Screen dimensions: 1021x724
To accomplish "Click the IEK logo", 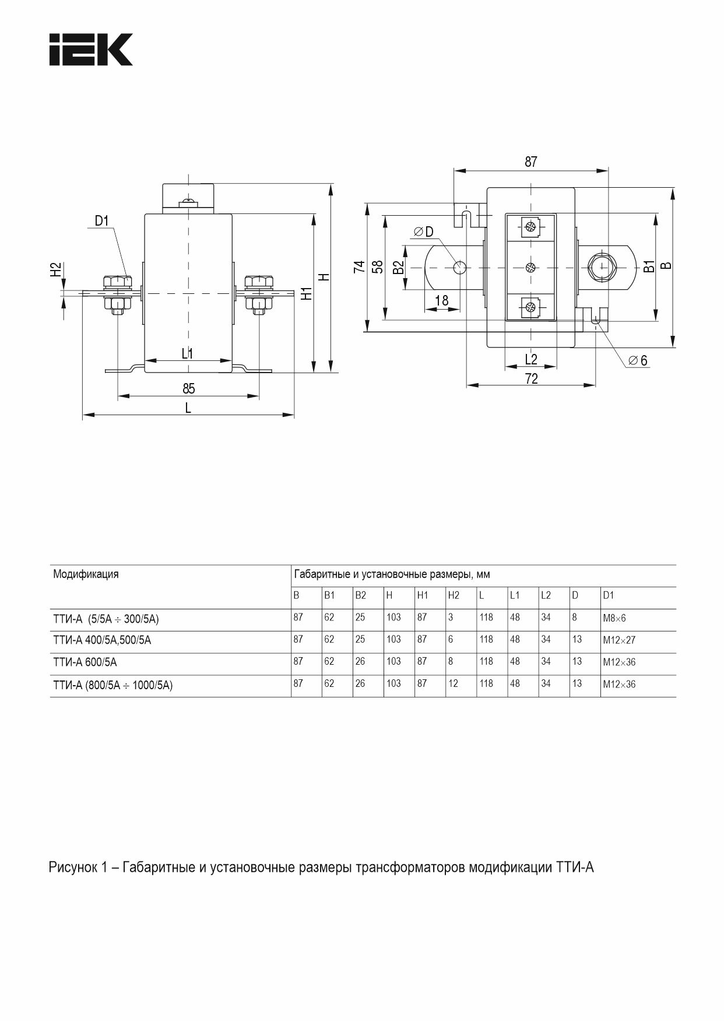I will [x=90, y=50].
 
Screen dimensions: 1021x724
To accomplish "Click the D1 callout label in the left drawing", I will [x=102, y=220].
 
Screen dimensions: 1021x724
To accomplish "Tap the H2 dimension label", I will [x=55, y=269].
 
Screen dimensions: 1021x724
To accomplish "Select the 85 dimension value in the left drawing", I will [x=188, y=388].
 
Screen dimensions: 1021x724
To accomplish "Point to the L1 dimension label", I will [x=187, y=353].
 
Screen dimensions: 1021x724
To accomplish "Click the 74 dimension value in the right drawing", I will [x=360, y=266].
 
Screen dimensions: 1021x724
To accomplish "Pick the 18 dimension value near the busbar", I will [x=442, y=300].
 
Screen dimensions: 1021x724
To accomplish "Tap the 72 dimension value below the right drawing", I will [x=531, y=379].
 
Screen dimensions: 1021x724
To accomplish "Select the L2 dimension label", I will [x=530, y=359].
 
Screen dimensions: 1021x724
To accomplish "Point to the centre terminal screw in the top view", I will [x=530, y=267].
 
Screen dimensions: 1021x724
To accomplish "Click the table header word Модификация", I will [x=86, y=574].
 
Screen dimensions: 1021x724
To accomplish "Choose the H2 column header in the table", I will [x=454, y=595].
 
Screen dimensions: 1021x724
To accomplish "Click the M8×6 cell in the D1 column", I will [x=614, y=618].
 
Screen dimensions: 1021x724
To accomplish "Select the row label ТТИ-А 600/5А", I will [x=85, y=662].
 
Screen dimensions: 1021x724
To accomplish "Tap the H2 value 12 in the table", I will [x=453, y=684].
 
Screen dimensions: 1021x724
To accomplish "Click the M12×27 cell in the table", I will [x=619, y=640].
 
